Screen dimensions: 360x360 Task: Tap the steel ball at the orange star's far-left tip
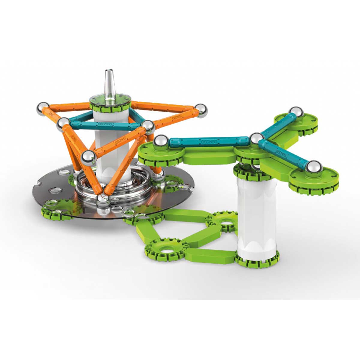[43, 108]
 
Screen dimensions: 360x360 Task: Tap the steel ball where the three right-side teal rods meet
[256, 139]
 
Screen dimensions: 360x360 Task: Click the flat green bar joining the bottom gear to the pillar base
[210, 255]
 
